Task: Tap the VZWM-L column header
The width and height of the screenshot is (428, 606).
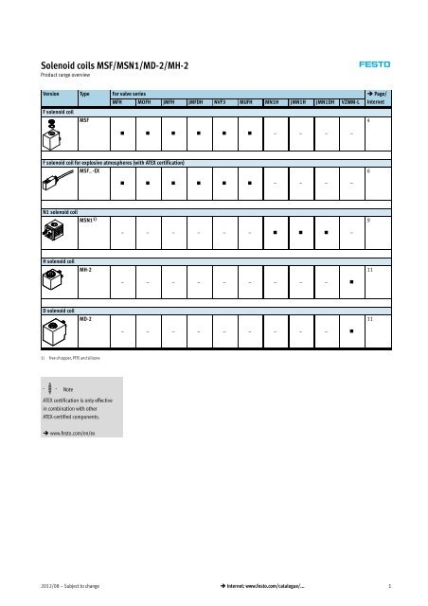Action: (350, 103)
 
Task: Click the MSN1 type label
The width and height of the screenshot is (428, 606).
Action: (88, 221)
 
